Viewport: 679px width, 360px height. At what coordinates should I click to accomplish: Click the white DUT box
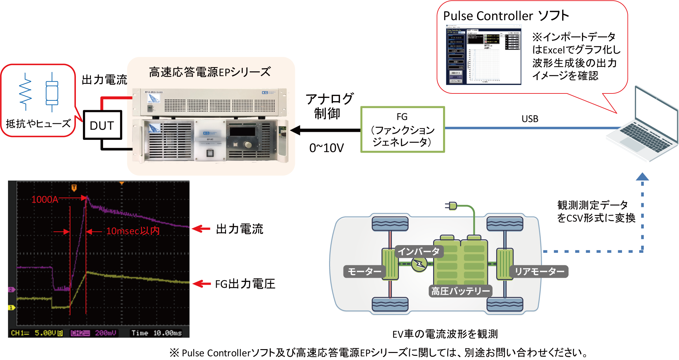pyautogui.click(x=102, y=125)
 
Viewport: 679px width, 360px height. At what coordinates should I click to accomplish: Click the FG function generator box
pyautogui.click(x=402, y=129)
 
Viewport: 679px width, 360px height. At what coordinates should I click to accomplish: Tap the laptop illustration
pyautogui.click(x=643, y=128)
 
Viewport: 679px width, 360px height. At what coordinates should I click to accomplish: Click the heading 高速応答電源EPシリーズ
pyautogui.click(x=210, y=72)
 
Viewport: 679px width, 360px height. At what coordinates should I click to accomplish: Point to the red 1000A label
pyautogui.click(x=45, y=200)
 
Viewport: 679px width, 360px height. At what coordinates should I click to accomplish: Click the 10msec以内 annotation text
pyautogui.click(x=133, y=231)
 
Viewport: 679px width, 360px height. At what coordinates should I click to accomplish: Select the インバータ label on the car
pyautogui.click(x=419, y=252)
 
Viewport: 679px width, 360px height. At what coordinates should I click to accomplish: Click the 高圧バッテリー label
pyautogui.click(x=460, y=291)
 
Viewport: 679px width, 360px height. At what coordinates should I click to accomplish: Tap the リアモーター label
pyautogui.click(x=539, y=272)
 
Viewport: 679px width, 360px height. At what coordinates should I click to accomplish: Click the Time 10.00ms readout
pyautogui.click(x=157, y=333)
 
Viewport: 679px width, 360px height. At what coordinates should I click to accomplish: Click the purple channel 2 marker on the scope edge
pyautogui.click(x=11, y=290)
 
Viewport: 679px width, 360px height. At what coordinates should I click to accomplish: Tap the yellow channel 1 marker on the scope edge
pyautogui.click(x=11, y=308)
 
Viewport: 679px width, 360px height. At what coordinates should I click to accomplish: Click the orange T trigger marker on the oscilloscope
pyautogui.click(x=74, y=188)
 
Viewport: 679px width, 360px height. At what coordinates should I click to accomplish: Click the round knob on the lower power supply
pyautogui.click(x=248, y=145)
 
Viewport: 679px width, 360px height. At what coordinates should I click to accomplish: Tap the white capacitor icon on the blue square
pyautogui.click(x=52, y=93)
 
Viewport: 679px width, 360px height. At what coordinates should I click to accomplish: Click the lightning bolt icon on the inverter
pyautogui.click(x=419, y=264)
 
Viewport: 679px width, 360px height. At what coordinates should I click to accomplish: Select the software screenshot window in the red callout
pyautogui.click(x=483, y=54)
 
